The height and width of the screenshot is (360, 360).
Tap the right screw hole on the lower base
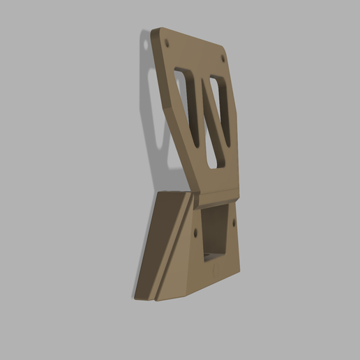[234, 223]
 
